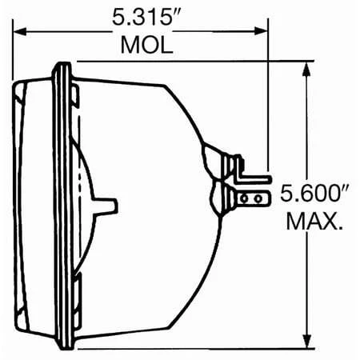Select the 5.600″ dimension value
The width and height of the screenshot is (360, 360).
(314, 194)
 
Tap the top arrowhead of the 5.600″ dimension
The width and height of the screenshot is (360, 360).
(306, 69)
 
